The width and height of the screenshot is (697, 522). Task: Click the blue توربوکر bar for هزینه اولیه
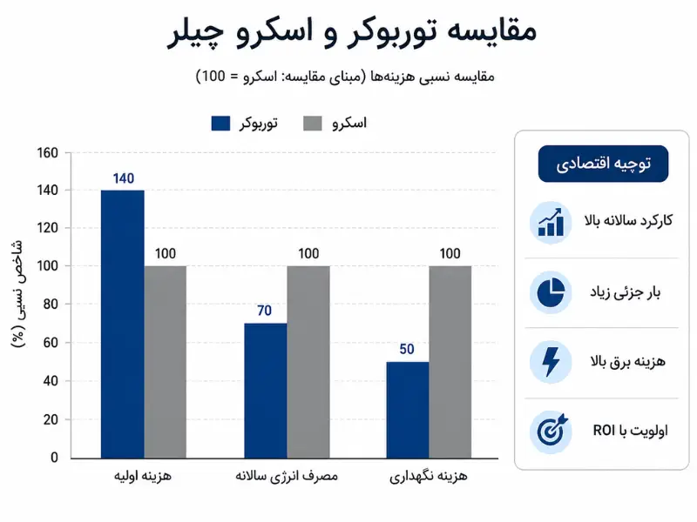click(x=123, y=324)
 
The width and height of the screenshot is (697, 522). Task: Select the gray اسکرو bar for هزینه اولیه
click(x=166, y=362)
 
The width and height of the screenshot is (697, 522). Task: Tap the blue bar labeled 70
click(x=266, y=391)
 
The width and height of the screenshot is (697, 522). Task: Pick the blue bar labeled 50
click(x=408, y=410)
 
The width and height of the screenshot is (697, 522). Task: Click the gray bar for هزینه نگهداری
click(x=450, y=362)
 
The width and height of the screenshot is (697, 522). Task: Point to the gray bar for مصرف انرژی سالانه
click(x=308, y=362)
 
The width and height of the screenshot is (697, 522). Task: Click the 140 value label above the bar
click(x=124, y=178)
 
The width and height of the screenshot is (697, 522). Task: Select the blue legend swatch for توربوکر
click(x=220, y=124)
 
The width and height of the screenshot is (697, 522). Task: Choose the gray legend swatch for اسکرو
click(x=313, y=124)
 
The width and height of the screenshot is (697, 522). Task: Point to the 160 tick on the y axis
click(x=48, y=153)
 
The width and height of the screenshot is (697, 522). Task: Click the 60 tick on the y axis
click(x=51, y=343)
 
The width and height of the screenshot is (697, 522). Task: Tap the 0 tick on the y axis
click(x=54, y=458)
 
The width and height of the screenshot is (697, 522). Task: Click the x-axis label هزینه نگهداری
click(x=429, y=476)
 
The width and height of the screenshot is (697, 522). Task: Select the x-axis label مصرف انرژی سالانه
click(x=287, y=476)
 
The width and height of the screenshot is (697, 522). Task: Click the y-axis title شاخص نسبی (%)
click(x=17, y=293)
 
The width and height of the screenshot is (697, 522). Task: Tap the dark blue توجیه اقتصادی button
click(x=603, y=164)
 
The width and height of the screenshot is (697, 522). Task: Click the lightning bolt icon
click(x=551, y=362)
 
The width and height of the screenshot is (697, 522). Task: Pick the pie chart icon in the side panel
click(x=551, y=292)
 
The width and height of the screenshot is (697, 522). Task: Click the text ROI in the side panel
click(x=604, y=430)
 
